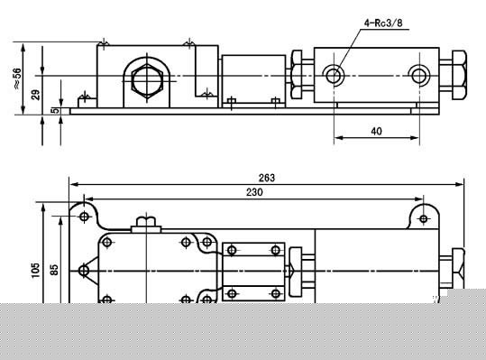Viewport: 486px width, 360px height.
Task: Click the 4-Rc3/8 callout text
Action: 383,23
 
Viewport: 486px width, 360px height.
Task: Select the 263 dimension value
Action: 267,178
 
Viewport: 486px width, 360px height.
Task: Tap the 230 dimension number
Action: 254,192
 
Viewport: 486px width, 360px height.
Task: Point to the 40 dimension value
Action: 376,132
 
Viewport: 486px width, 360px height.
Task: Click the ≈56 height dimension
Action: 17,78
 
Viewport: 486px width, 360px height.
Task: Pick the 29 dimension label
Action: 36,95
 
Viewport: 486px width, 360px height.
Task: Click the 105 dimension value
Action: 36,270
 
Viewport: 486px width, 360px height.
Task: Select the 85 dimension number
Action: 54,270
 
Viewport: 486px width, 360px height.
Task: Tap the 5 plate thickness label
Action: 54,111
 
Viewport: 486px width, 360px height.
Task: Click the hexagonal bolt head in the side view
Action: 147,80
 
